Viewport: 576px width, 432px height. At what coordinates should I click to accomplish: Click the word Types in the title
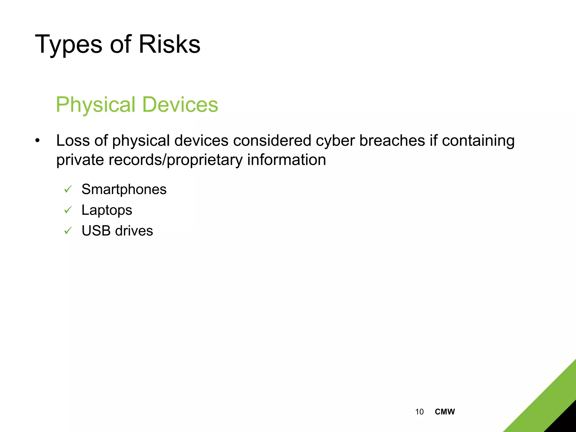(x=68, y=44)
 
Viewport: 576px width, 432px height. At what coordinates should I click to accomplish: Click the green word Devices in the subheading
(x=180, y=104)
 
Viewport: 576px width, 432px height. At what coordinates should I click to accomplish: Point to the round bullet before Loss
(x=37, y=140)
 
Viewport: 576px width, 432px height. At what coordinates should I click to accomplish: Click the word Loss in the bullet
(x=73, y=140)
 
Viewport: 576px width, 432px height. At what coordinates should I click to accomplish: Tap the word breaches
(x=392, y=140)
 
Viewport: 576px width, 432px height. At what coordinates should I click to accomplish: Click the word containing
(x=478, y=141)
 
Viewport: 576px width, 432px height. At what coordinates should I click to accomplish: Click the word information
(x=287, y=159)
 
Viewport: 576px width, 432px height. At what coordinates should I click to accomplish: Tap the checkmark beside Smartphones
(x=68, y=189)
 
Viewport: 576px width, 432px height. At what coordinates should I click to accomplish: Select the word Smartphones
(x=124, y=189)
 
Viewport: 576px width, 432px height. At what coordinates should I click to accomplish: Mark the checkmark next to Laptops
(x=68, y=210)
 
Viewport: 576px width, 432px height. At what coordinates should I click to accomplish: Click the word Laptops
(x=107, y=210)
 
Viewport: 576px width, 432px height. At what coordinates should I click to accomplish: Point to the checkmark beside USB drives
(x=68, y=231)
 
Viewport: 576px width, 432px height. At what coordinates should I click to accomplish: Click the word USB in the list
(x=96, y=231)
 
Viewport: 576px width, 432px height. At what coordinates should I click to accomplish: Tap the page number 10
(x=419, y=412)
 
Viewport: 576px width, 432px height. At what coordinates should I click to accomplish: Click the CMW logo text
(x=445, y=412)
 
